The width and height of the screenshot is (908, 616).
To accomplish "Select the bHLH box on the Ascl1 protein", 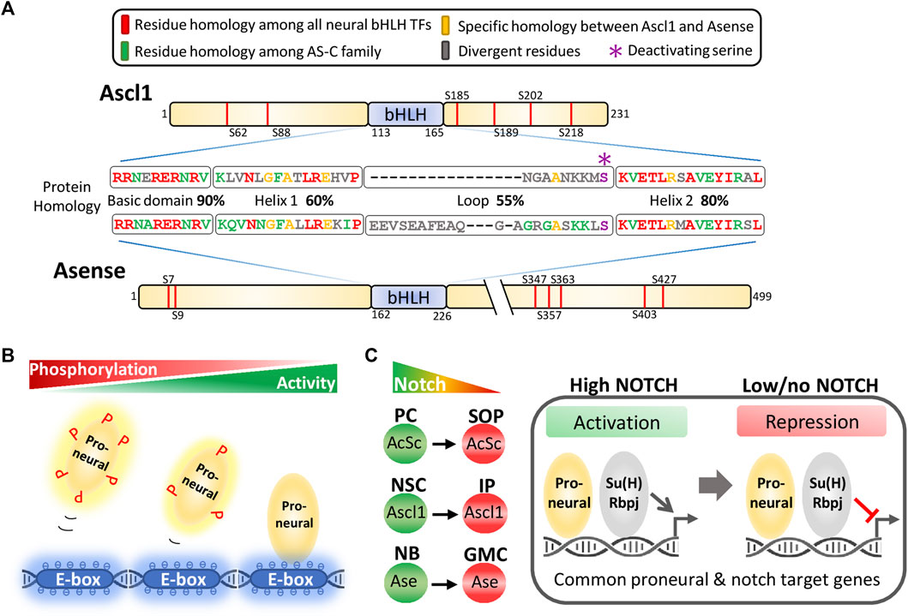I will tap(406, 114).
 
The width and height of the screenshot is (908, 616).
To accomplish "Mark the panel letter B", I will tap(9, 351).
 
